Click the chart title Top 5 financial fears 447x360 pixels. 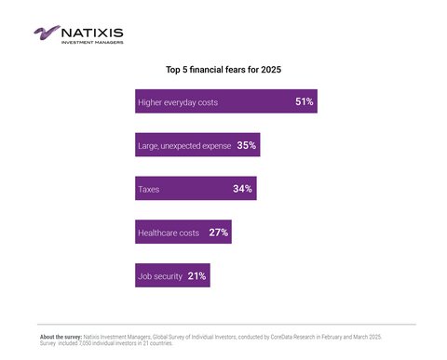click(x=223, y=69)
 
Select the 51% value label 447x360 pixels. click(x=304, y=101)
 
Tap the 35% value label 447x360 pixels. click(x=246, y=145)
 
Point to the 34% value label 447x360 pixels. click(x=242, y=189)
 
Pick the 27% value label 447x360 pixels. click(x=218, y=233)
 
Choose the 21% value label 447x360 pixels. click(x=196, y=276)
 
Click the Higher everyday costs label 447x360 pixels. click(x=177, y=102)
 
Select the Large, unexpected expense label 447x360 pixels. click(x=184, y=146)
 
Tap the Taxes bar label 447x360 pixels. click(x=148, y=190)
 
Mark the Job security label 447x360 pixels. click(x=159, y=277)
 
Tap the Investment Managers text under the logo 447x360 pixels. click(x=91, y=42)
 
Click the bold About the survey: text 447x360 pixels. click(x=61, y=336)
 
